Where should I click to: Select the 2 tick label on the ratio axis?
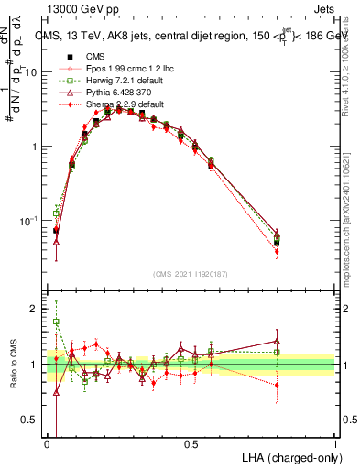[x=38, y=309]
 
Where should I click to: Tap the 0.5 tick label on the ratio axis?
[x=33, y=420]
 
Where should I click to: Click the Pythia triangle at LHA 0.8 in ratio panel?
[x=277, y=341]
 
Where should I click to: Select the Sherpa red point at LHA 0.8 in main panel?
[x=277, y=251]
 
